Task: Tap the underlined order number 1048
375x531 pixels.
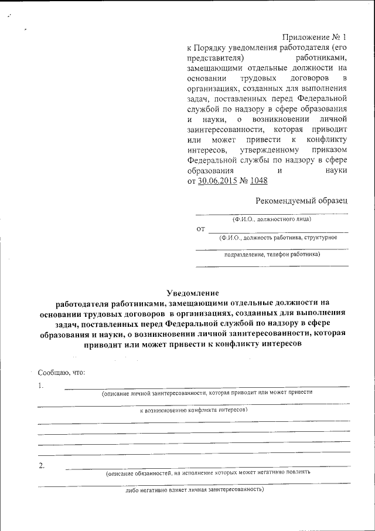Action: tap(258, 181)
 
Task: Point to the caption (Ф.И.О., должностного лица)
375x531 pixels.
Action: tap(271, 219)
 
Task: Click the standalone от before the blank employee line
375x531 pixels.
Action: tap(200, 228)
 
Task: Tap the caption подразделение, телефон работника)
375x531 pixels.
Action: tap(272, 255)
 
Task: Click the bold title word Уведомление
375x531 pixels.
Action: tap(193, 292)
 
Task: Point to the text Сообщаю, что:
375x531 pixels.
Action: tap(62, 373)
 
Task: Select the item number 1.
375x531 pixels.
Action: tap(40, 385)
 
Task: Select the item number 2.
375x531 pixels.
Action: tap(41, 466)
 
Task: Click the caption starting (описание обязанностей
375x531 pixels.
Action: tap(208, 472)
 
